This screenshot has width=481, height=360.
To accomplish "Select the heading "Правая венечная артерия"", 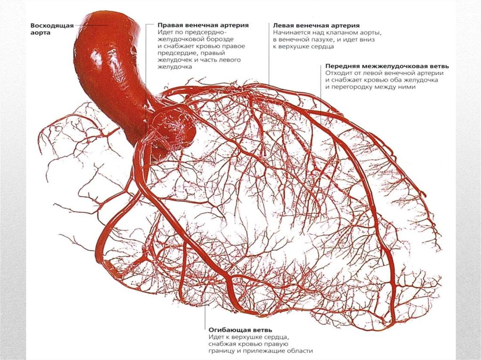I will pyautogui.click(x=203, y=24).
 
